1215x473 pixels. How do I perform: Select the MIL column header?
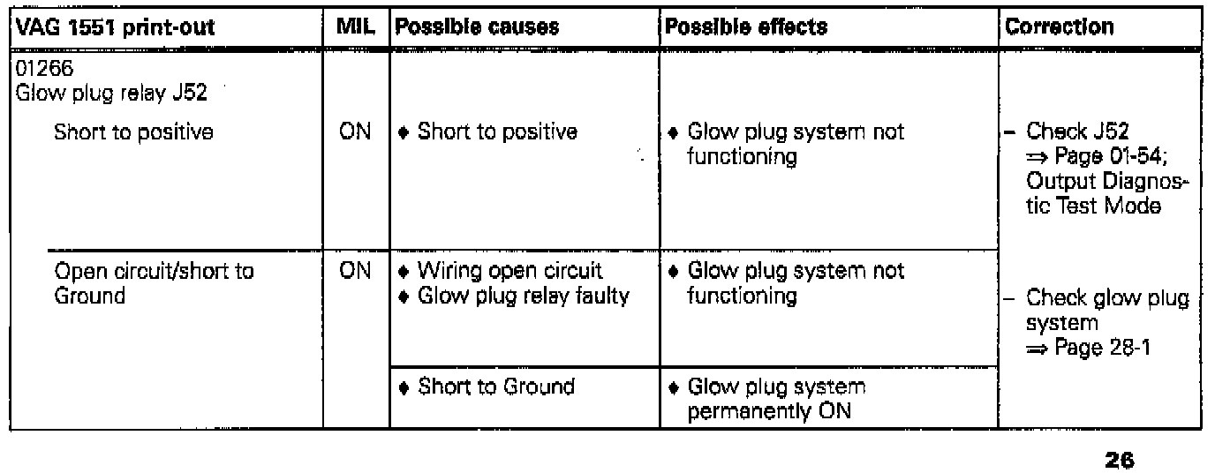click(x=357, y=26)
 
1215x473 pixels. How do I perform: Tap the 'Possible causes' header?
click(x=477, y=26)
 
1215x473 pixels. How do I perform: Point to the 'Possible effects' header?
click(x=746, y=26)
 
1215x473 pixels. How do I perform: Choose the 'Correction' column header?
click(x=1060, y=26)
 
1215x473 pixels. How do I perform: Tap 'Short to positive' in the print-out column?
click(x=133, y=132)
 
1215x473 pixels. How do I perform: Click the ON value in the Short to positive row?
click(x=356, y=132)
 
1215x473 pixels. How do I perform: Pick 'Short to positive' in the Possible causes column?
click(x=497, y=132)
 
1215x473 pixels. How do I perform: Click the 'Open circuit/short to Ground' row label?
click(x=154, y=283)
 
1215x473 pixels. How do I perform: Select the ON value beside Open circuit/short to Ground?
click(x=356, y=271)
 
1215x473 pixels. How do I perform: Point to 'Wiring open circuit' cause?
click(x=509, y=271)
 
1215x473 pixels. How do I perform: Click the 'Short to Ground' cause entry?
click(x=495, y=387)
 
